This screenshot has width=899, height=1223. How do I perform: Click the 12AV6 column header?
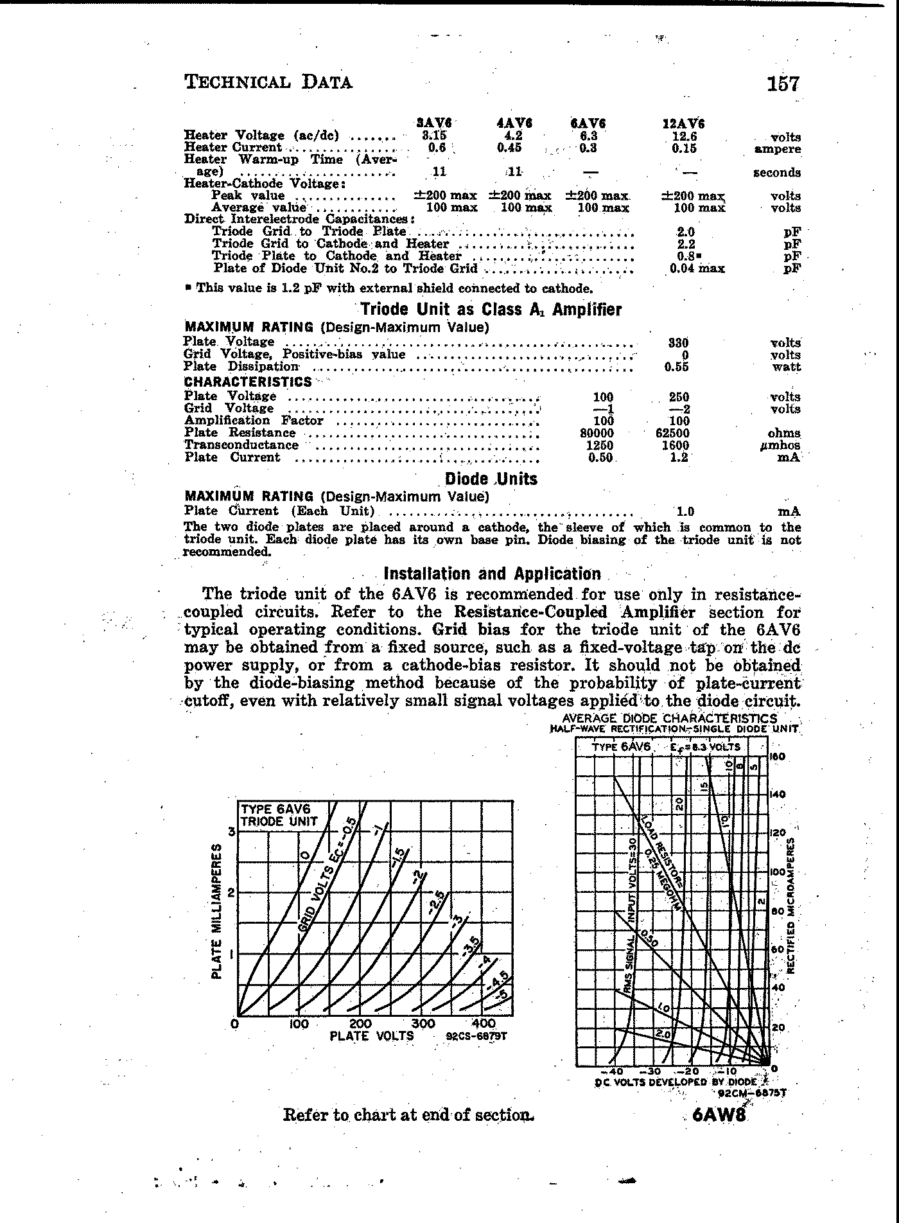(x=683, y=124)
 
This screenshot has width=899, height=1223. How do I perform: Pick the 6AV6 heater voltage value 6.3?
(x=588, y=136)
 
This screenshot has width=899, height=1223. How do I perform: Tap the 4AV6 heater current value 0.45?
(x=509, y=148)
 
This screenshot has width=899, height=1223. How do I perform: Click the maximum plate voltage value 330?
(x=678, y=343)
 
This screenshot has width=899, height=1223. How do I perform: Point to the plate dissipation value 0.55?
(x=677, y=367)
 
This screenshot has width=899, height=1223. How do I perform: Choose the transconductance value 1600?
(x=676, y=446)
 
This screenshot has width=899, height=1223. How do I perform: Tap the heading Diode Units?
(x=491, y=479)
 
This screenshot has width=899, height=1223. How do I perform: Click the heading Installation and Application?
(x=492, y=574)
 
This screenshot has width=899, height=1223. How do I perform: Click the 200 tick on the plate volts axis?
(x=360, y=1024)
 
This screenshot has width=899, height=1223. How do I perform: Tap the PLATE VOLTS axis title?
(x=372, y=1036)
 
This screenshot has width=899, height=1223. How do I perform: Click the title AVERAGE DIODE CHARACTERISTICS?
(x=669, y=718)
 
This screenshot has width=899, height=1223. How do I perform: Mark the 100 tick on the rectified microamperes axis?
(x=777, y=872)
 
